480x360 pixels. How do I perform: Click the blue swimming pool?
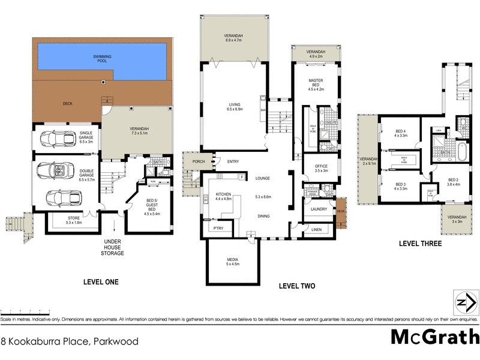click(x=102, y=58)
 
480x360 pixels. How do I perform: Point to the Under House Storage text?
click(x=112, y=245)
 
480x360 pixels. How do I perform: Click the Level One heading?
click(x=100, y=281)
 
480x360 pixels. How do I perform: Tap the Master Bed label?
click(x=316, y=84)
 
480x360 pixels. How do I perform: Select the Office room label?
click(x=321, y=168)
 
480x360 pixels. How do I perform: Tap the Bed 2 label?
click(x=455, y=182)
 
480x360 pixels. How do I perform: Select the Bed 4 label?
click(x=401, y=133)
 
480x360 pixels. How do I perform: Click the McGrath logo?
click(x=434, y=337)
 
